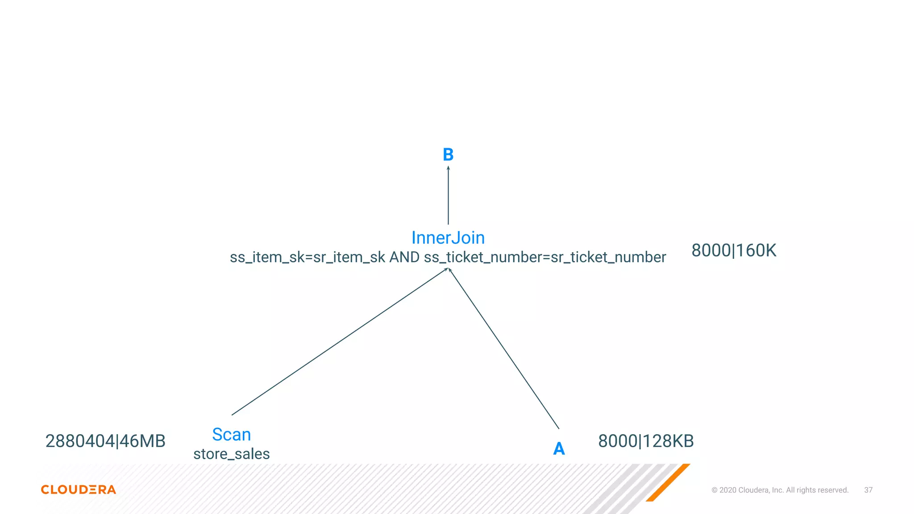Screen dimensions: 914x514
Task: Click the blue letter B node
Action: coord(448,155)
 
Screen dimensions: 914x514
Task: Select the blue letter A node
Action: coord(559,448)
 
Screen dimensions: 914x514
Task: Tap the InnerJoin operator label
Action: coord(448,238)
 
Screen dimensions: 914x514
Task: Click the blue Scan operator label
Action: coord(231,435)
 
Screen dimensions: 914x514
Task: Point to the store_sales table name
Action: coord(231,454)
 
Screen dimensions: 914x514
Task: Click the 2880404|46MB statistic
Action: coord(105,441)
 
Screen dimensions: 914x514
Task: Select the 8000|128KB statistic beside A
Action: coord(646,441)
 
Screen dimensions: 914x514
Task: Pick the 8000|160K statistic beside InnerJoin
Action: coord(734,251)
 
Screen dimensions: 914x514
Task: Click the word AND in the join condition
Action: coord(404,257)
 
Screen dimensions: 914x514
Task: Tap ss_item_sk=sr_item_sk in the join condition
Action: coord(307,257)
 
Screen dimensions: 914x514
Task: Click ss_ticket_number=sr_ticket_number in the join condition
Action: coord(545,257)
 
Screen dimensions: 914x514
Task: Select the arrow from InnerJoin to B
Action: coord(448,196)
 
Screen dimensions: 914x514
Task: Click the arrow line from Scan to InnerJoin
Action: coord(339,342)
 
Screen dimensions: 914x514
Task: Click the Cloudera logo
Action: coord(79,489)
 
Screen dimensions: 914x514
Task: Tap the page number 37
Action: coord(868,490)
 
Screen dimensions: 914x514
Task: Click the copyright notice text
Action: coord(780,490)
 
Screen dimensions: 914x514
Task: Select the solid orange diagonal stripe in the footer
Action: coord(668,483)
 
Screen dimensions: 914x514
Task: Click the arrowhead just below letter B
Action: coord(448,168)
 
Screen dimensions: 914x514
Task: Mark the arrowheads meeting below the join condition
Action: coord(448,269)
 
